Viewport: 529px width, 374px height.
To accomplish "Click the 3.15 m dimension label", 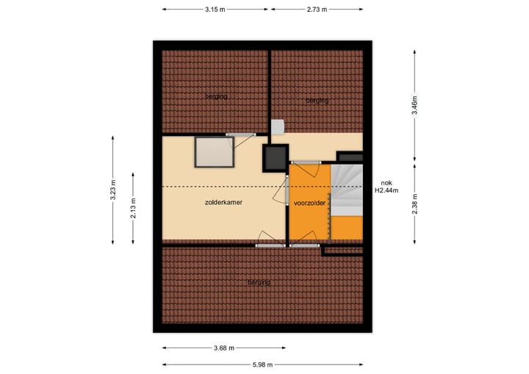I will [215, 9].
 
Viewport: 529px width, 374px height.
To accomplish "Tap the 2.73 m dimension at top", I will [316, 9].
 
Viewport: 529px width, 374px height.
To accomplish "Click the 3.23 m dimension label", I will [112, 189].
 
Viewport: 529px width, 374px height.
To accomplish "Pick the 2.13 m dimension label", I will [133, 207].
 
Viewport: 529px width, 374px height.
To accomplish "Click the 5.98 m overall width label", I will [263, 365].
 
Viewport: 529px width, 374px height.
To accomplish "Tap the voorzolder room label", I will [309, 203].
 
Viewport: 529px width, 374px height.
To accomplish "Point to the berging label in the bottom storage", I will [259, 282].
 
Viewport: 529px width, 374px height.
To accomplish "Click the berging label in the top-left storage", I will [216, 96].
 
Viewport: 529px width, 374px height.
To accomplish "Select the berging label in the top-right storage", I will [317, 101].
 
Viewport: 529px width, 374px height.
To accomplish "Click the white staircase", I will [347, 190].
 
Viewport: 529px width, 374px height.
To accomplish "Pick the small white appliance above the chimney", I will [277, 127].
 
